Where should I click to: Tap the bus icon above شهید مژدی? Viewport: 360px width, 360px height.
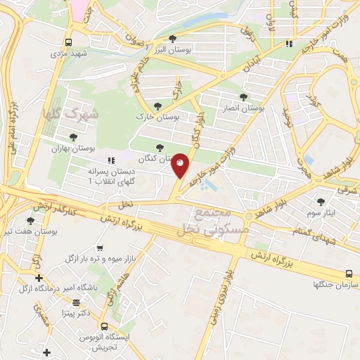(x=68, y=41)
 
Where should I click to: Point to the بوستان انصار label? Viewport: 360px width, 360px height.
(x=247, y=108)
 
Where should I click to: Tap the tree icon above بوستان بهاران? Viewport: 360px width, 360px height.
(x=74, y=138)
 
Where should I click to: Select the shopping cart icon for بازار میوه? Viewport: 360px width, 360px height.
(x=100, y=248)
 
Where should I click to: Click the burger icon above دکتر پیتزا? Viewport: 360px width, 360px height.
(x=76, y=302)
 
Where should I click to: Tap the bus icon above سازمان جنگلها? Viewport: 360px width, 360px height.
(x=349, y=274)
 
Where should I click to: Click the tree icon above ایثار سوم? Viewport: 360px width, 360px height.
(x=321, y=201)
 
